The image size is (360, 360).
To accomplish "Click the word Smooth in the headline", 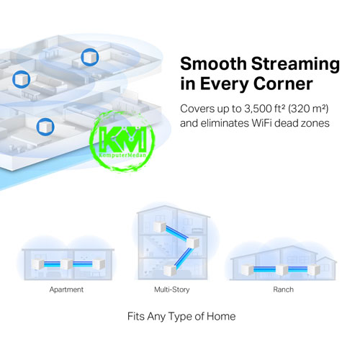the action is [x=213, y=63].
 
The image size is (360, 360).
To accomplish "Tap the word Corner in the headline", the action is [x=283, y=84].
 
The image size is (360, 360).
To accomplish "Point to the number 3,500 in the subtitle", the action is [x=258, y=109].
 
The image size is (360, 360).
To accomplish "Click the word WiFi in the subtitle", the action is [x=261, y=123].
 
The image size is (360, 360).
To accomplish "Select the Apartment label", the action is [x=66, y=289].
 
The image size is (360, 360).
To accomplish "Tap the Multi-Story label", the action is [x=172, y=289].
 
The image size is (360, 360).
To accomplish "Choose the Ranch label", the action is [x=283, y=289].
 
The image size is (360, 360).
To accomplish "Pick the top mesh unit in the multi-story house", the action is [x=160, y=227].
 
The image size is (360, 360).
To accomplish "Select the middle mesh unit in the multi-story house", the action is [x=192, y=243].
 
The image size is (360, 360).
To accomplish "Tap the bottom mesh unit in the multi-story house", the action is [x=170, y=270].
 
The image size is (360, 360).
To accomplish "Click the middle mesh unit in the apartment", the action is [x=66, y=264].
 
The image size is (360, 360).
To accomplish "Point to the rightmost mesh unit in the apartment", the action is [x=99, y=264].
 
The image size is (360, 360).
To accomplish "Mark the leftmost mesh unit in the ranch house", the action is [x=248, y=269].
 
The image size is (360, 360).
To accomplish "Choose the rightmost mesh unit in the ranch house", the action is [x=314, y=269].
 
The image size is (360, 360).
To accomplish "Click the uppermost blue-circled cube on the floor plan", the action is [x=90, y=57].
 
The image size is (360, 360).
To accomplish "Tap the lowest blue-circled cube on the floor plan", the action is [x=45, y=127].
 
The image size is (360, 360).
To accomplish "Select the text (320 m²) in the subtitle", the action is [x=308, y=109].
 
